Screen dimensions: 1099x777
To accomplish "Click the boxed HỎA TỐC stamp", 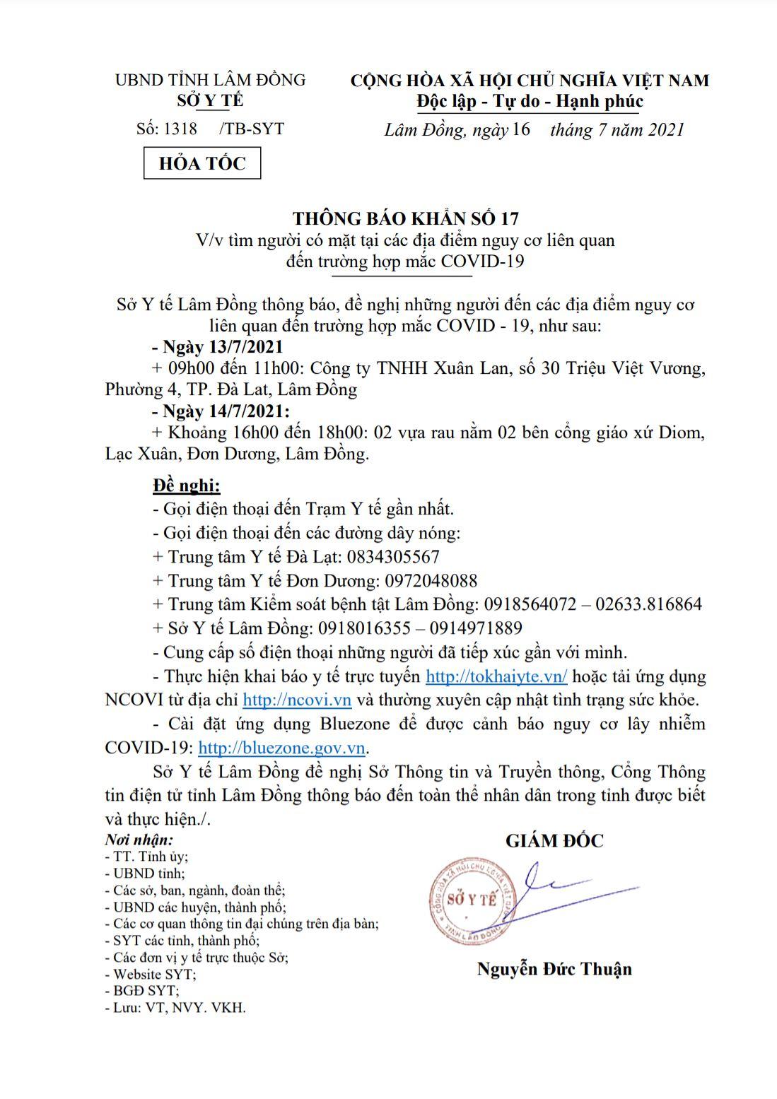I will pos(202,163).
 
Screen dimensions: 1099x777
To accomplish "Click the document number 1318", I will pos(180,129).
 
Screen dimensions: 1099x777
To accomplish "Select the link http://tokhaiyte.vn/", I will pos(496,676).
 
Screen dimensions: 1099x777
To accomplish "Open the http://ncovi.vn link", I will pos(297,700).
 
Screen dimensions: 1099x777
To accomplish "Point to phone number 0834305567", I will pos(393,557).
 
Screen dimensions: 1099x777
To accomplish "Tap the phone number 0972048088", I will pos(431,581).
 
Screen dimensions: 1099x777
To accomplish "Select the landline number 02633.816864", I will pos(648,604).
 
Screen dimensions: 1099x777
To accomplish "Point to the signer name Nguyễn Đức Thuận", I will pos(554,968).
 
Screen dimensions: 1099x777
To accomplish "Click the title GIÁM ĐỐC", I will pos(554,840).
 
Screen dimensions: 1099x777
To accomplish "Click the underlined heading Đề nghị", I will pos(187,486).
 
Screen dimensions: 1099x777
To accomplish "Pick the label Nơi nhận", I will pos(139,840).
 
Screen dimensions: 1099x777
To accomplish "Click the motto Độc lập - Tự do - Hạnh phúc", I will pos(530,102).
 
